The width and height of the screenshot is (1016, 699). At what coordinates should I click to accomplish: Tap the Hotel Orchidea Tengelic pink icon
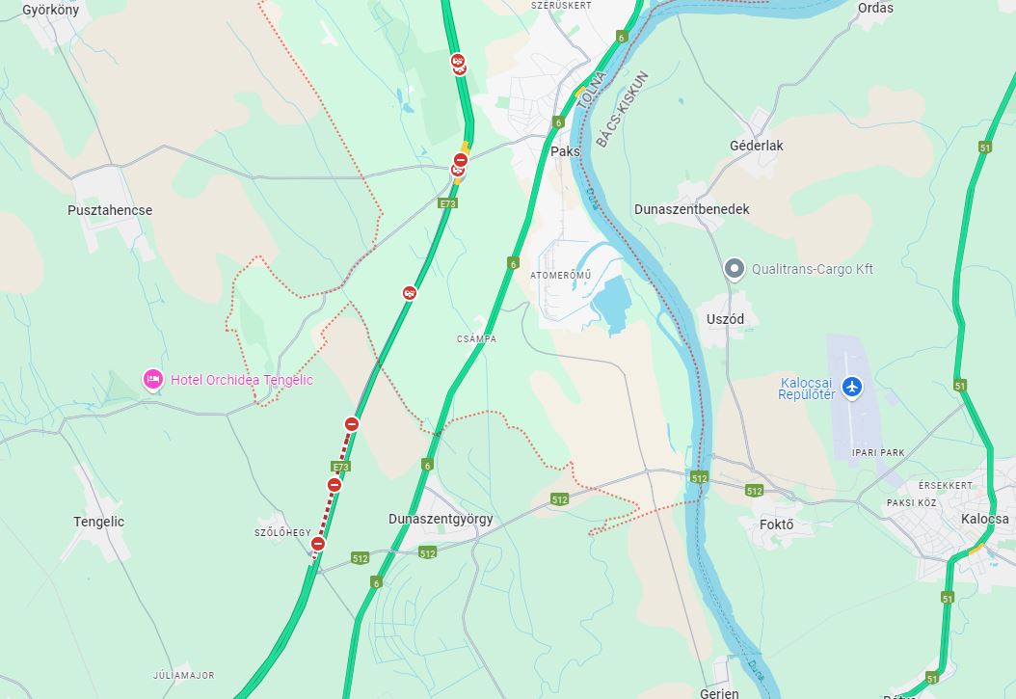[x=152, y=380]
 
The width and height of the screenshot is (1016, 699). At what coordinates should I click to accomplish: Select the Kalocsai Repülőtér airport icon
[x=851, y=387]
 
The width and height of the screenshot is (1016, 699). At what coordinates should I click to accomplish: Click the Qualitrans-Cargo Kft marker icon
[x=735, y=269]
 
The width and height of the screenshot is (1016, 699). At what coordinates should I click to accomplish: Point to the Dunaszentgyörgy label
[x=441, y=519]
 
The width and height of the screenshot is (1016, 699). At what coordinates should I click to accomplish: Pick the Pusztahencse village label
[x=110, y=210]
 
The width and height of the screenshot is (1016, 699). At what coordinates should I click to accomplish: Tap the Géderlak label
[x=757, y=146]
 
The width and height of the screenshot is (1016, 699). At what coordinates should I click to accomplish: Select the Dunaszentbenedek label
[x=691, y=209]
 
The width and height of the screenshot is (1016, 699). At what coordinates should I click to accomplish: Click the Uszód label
[x=725, y=319]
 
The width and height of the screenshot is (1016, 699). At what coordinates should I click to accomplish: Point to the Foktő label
[x=776, y=524]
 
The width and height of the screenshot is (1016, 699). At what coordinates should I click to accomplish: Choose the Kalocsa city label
[x=984, y=519]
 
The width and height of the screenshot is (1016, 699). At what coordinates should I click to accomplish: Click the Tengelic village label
[x=99, y=522]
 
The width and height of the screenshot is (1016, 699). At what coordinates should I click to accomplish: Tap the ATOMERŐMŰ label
[x=560, y=276]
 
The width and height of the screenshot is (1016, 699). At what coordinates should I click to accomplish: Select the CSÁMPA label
[x=476, y=339]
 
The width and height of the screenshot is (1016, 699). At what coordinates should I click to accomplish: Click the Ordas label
[x=875, y=8]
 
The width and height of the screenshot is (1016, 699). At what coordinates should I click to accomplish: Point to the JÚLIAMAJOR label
[x=183, y=676]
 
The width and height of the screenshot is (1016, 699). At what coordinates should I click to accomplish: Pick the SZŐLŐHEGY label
[x=282, y=533]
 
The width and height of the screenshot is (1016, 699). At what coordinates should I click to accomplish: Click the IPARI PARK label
[x=878, y=451]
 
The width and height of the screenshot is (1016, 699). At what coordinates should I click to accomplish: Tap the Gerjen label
[x=719, y=693]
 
